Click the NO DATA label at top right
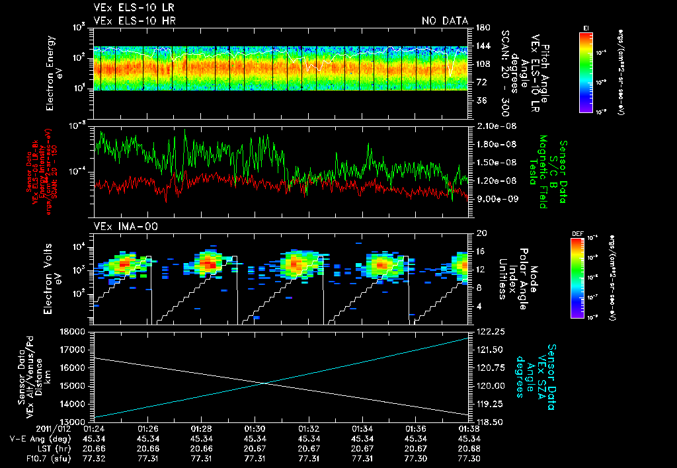click(445, 21)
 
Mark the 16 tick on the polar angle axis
click(480, 251)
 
